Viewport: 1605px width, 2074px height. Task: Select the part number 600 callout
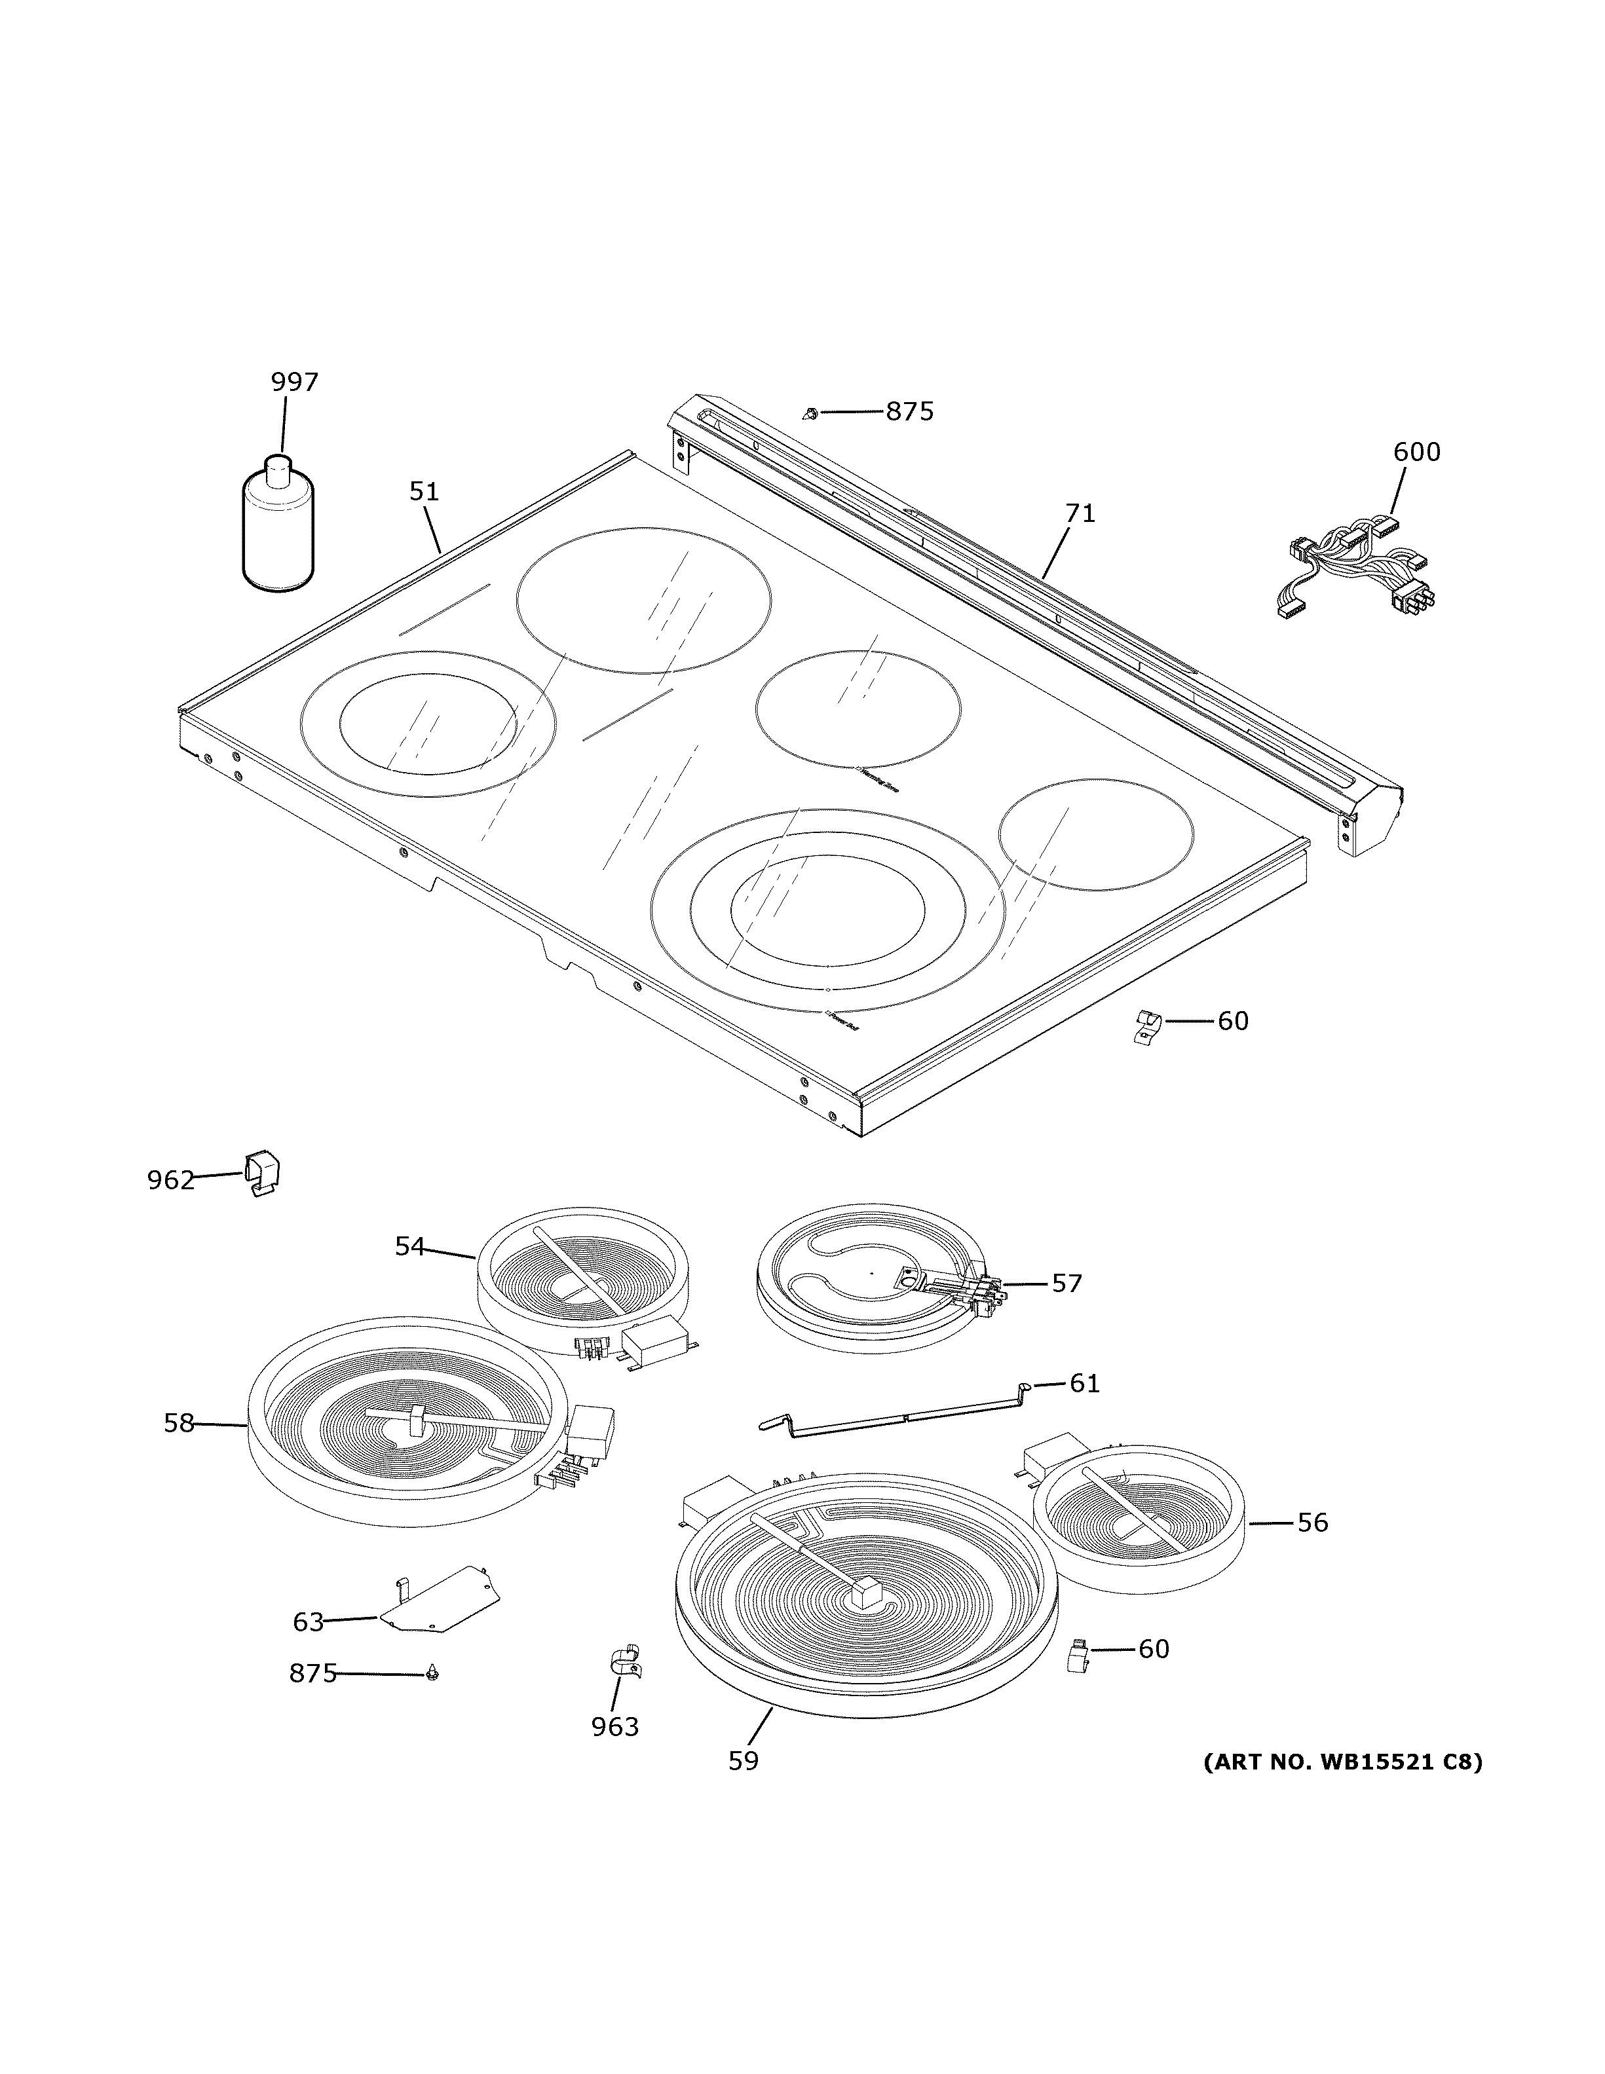(x=1416, y=452)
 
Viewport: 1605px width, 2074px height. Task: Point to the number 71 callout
(x=1080, y=513)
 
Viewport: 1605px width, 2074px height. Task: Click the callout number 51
(x=425, y=492)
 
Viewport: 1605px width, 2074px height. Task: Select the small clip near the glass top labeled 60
(x=1148, y=1026)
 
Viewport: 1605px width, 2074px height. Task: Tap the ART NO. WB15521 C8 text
(x=1342, y=1762)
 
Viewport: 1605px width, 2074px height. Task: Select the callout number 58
(x=179, y=1449)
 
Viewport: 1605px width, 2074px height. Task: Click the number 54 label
(x=409, y=1246)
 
